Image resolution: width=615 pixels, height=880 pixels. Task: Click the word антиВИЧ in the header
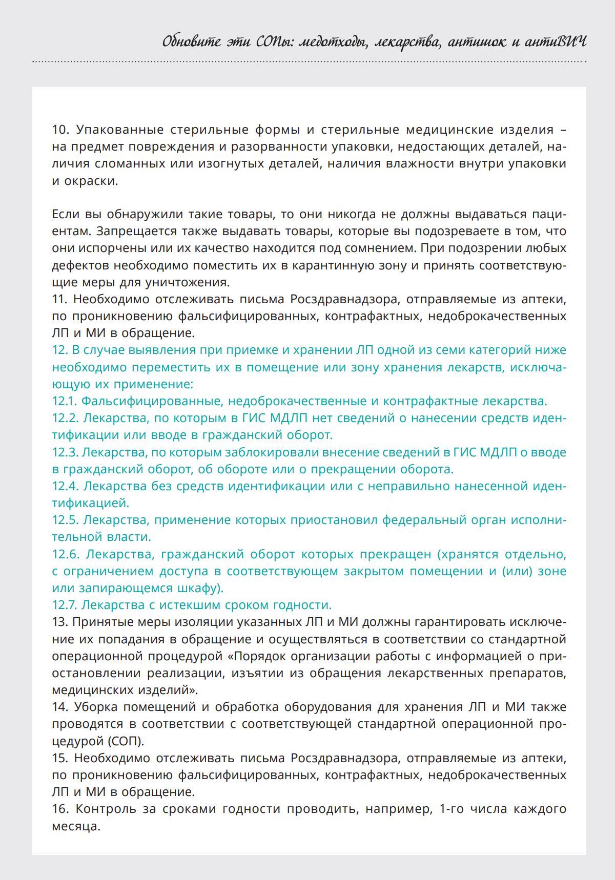(x=556, y=41)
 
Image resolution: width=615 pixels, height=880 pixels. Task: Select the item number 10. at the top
(x=60, y=130)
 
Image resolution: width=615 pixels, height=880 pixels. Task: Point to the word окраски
(x=91, y=181)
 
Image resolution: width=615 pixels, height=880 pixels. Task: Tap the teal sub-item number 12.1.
(x=64, y=401)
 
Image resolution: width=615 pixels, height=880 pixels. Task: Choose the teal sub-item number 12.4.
(x=65, y=486)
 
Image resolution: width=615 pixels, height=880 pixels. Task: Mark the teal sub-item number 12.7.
(x=64, y=605)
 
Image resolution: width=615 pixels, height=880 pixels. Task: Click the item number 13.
(x=60, y=622)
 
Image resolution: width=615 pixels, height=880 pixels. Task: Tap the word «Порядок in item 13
(x=265, y=656)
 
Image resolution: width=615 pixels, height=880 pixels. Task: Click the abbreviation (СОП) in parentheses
(x=126, y=741)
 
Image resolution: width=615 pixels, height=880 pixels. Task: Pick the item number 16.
(x=60, y=809)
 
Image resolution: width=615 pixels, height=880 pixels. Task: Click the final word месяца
(x=76, y=826)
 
